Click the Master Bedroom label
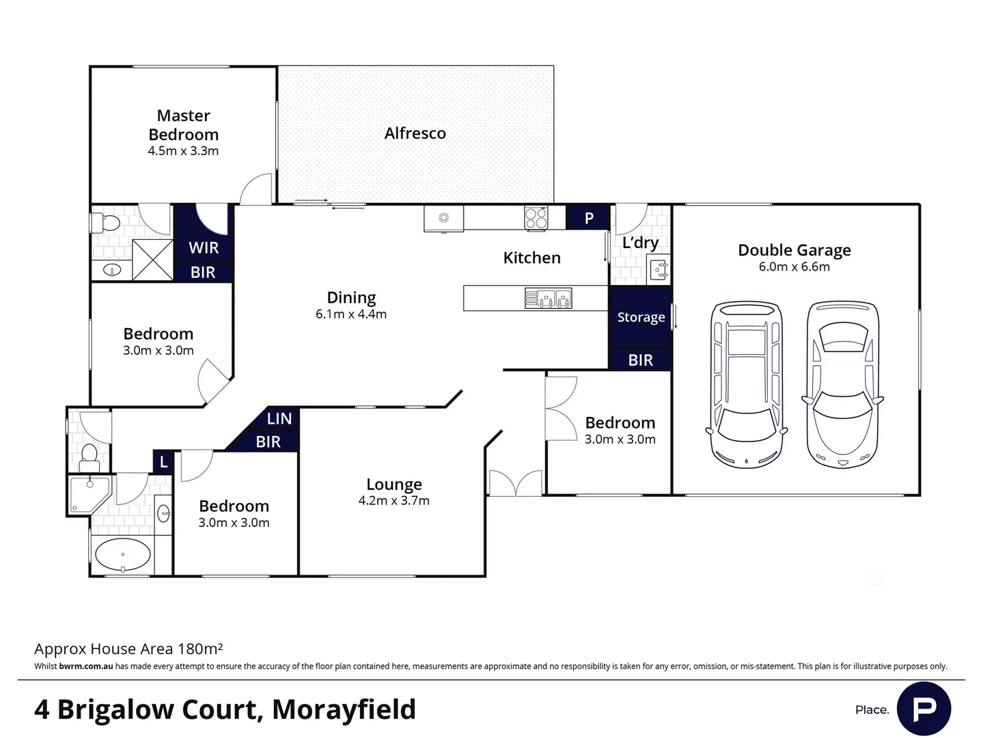tap(183, 125)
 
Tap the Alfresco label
tap(415, 133)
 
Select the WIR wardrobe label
tap(204, 247)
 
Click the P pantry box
tap(588, 218)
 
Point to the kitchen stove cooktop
tap(536, 218)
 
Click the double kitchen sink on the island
tap(548, 299)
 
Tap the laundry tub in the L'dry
tap(659, 269)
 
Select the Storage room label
tap(640, 317)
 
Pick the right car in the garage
tap(842, 385)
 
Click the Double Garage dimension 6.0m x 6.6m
tap(794, 267)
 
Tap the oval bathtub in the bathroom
tap(122, 555)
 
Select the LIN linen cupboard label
tap(279, 419)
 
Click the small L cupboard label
tap(163, 463)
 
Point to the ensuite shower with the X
tap(152, 260)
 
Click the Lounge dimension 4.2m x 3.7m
tap(393, 501)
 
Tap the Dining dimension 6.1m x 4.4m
tap(351, 314)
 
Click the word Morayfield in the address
tap(344, 709)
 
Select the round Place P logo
tap(924, 709)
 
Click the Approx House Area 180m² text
tap(128, 648)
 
